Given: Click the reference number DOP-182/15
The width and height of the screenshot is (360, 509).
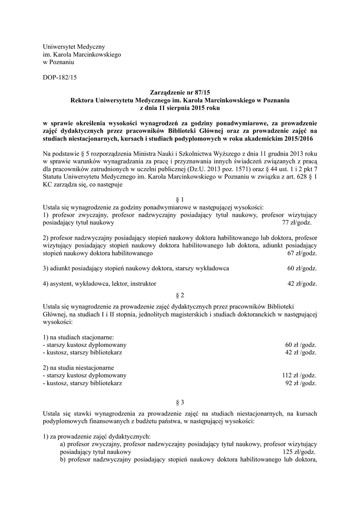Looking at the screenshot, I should [60, 77].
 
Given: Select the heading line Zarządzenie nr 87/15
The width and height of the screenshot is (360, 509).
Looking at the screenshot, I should [180, 92].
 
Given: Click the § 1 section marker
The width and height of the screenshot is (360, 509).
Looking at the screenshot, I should [180, 199].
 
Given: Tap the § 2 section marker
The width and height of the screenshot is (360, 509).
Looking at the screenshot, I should [180, 294].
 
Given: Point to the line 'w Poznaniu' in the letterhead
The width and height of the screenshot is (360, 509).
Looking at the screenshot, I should [59, 62].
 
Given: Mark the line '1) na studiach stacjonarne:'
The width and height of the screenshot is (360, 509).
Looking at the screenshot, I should [79, 337].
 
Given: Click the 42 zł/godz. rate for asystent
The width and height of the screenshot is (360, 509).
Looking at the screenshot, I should [302, 284].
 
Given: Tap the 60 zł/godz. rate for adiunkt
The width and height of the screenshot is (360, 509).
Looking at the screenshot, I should [302, 268].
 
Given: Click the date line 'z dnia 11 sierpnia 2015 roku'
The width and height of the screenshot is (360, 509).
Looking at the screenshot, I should [180, 107].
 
